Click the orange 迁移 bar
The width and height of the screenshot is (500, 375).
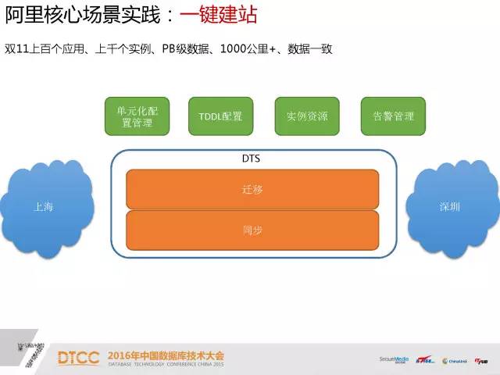(x=252, y=188)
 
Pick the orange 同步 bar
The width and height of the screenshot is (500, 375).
(x=252, y=230)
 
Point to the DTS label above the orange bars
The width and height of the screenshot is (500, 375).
(x=252, y=159)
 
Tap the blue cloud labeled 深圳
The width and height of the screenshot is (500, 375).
(x=450, y=207)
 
